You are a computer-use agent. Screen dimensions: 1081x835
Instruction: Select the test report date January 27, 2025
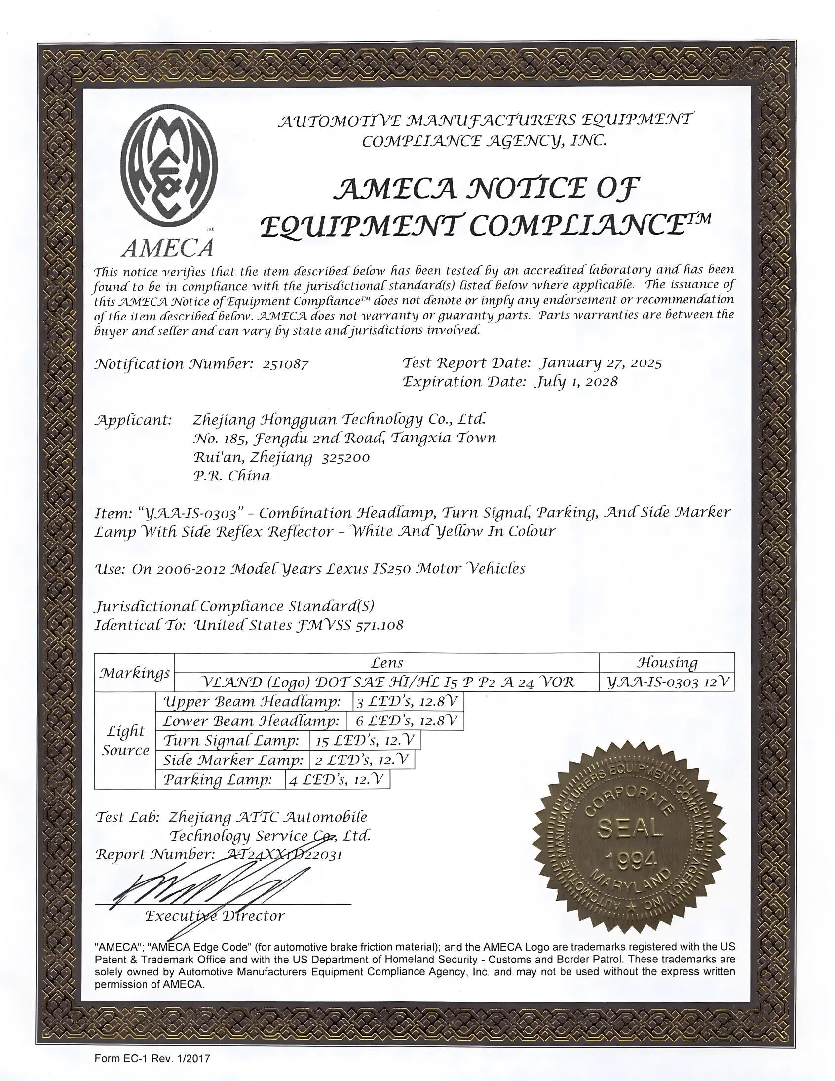[x=601, y=363]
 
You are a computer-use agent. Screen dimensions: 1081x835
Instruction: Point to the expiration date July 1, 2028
[x=576, y=382]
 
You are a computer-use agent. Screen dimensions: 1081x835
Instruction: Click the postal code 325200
[x=345, y=457]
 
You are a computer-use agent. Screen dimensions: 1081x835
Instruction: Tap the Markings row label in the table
[x=135, y=673]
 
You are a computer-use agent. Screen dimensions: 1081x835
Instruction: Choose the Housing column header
[x=667, y=663]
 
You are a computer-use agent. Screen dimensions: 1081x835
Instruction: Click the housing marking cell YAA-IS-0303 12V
[x=667, y=682]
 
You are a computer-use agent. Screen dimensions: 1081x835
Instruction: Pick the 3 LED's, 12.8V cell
[x=408, y=701]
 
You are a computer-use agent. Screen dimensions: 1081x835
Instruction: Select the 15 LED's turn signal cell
[x=366, y=740]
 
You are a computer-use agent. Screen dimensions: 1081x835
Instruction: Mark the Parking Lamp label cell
[x=218, y=780]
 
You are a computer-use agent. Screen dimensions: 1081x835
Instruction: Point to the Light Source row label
[x=126, y=740]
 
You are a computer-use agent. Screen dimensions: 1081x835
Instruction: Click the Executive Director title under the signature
[x=215, y=916]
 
